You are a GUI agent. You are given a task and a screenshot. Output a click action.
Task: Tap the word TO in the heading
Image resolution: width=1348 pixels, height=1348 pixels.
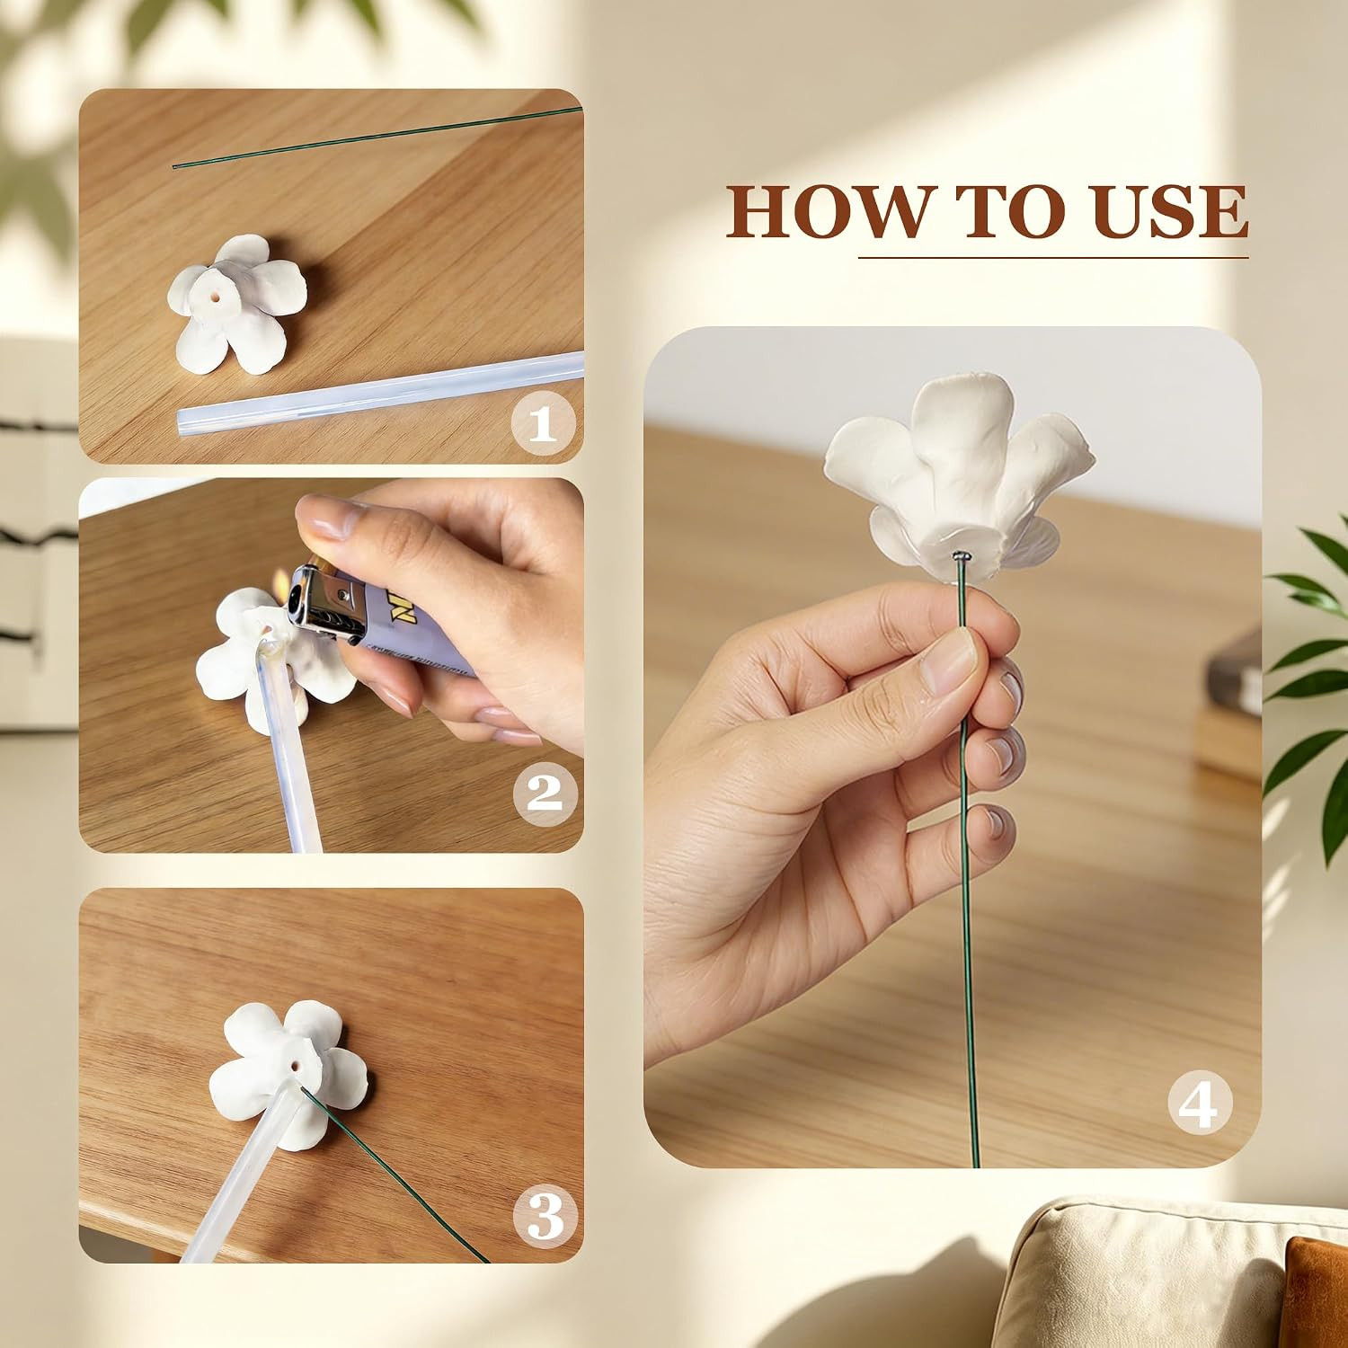click(999, 212)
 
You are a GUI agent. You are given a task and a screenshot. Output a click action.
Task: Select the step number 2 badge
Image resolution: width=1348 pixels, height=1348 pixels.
click(544, 794)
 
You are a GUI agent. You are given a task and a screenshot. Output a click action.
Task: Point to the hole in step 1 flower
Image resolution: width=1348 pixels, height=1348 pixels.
click(220, 294)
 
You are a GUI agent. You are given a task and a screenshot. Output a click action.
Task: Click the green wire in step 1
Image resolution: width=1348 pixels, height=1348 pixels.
click(377, 137)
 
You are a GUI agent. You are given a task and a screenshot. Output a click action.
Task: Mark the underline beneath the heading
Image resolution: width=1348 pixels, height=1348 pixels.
click(1053, 258)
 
